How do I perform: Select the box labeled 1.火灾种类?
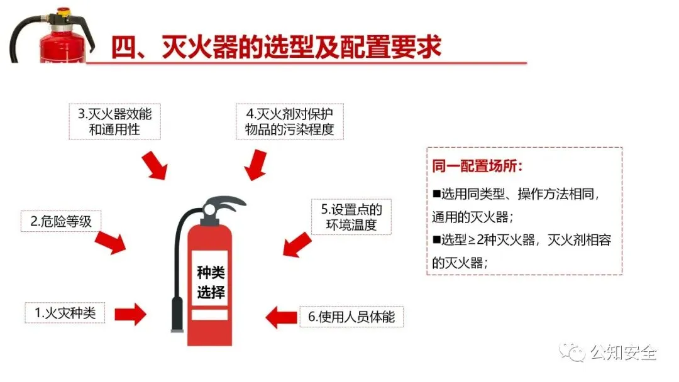[65, 312]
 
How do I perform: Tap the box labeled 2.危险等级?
[61, 221]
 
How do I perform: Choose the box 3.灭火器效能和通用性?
[114, 122]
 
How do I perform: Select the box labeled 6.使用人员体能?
[351, 317]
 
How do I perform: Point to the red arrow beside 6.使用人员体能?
[280, 316]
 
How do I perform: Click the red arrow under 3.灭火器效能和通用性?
[155, 164]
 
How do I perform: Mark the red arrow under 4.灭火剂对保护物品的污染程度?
[255, 165]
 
